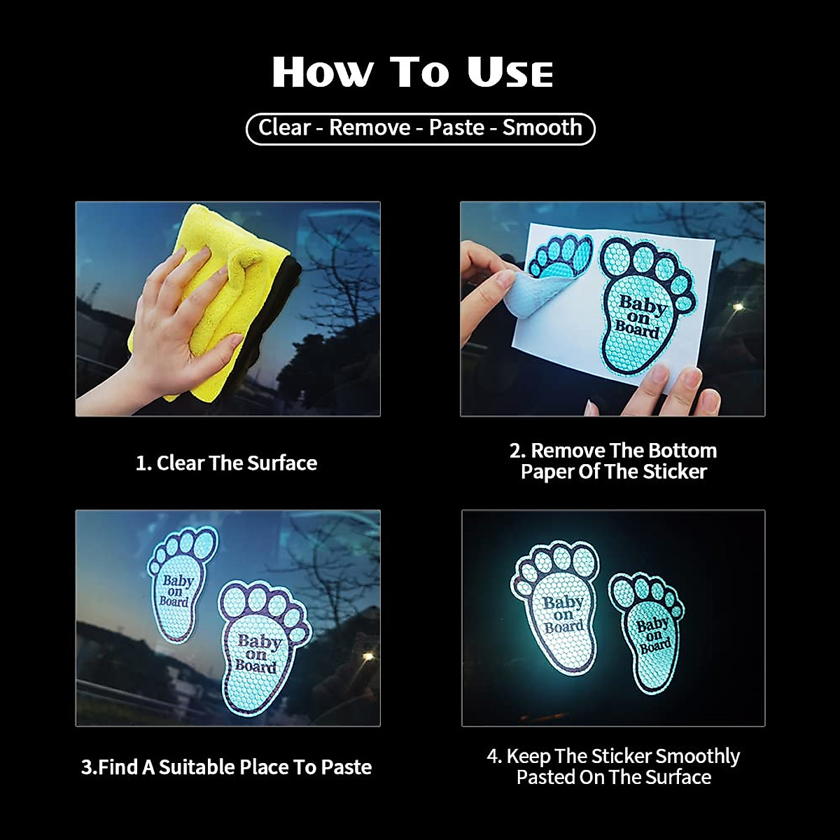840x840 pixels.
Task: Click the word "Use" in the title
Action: point(510,72)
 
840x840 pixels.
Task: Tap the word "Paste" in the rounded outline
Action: point(456,128)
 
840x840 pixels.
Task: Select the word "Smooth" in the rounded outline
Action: point(542,128)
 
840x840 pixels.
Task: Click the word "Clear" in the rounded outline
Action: point(284,128)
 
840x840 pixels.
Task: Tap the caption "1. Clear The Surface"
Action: point(226,463)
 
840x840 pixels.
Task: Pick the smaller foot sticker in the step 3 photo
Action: point(181,584)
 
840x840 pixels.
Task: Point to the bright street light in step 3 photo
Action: point(367,656)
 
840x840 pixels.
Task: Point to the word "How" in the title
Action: point(323,72)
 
